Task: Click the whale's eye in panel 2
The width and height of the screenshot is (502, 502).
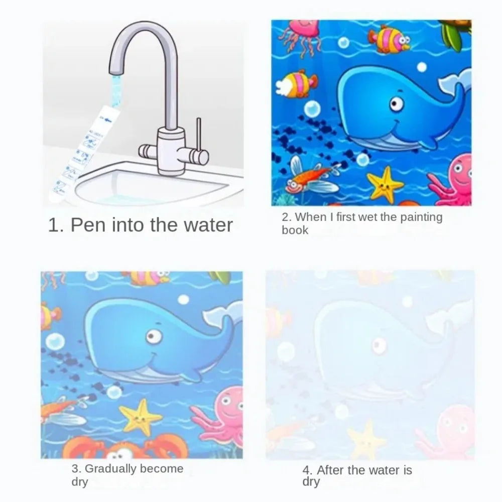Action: [397, 104]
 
